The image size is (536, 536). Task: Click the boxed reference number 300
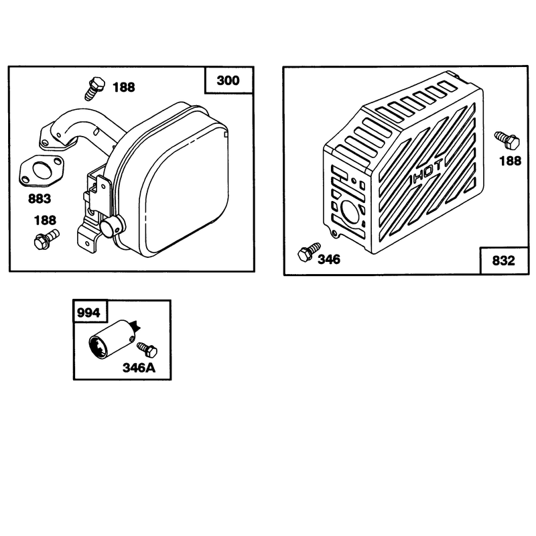pos(228,80)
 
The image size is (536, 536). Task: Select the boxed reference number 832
pos(503,261)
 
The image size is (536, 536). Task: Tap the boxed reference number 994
pos(88,313)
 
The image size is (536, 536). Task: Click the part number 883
pos(40,198)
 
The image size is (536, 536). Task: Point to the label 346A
pos(139,368)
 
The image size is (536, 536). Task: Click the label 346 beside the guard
pos(329,259)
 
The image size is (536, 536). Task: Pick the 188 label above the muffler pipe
pos(124,88)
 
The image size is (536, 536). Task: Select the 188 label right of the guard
pos(511,161)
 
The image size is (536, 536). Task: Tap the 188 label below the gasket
pos(45,220)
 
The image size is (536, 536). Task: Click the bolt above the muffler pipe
pos(94,88)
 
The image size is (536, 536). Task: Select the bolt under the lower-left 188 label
pos(47,239)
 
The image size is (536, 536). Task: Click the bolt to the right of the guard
pos(507,140)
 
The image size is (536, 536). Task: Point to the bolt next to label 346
pos(309,252)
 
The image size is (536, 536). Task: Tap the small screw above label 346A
pos(147,350)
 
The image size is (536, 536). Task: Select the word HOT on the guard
pos(429,171)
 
